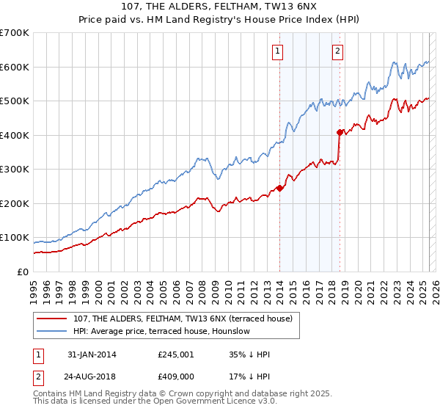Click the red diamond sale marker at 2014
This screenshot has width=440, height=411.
(x=280, y=188)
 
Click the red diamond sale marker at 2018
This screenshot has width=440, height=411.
(x=340, y=132)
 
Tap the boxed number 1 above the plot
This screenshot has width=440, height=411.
(x=279, y=51)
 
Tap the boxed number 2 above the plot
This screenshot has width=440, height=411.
(x=337, y=51)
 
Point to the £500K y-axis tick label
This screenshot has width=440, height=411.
(x=14, y=101)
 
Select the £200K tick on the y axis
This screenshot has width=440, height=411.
(x=14, y=203)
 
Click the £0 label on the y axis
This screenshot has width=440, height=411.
(x=21, y=272)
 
